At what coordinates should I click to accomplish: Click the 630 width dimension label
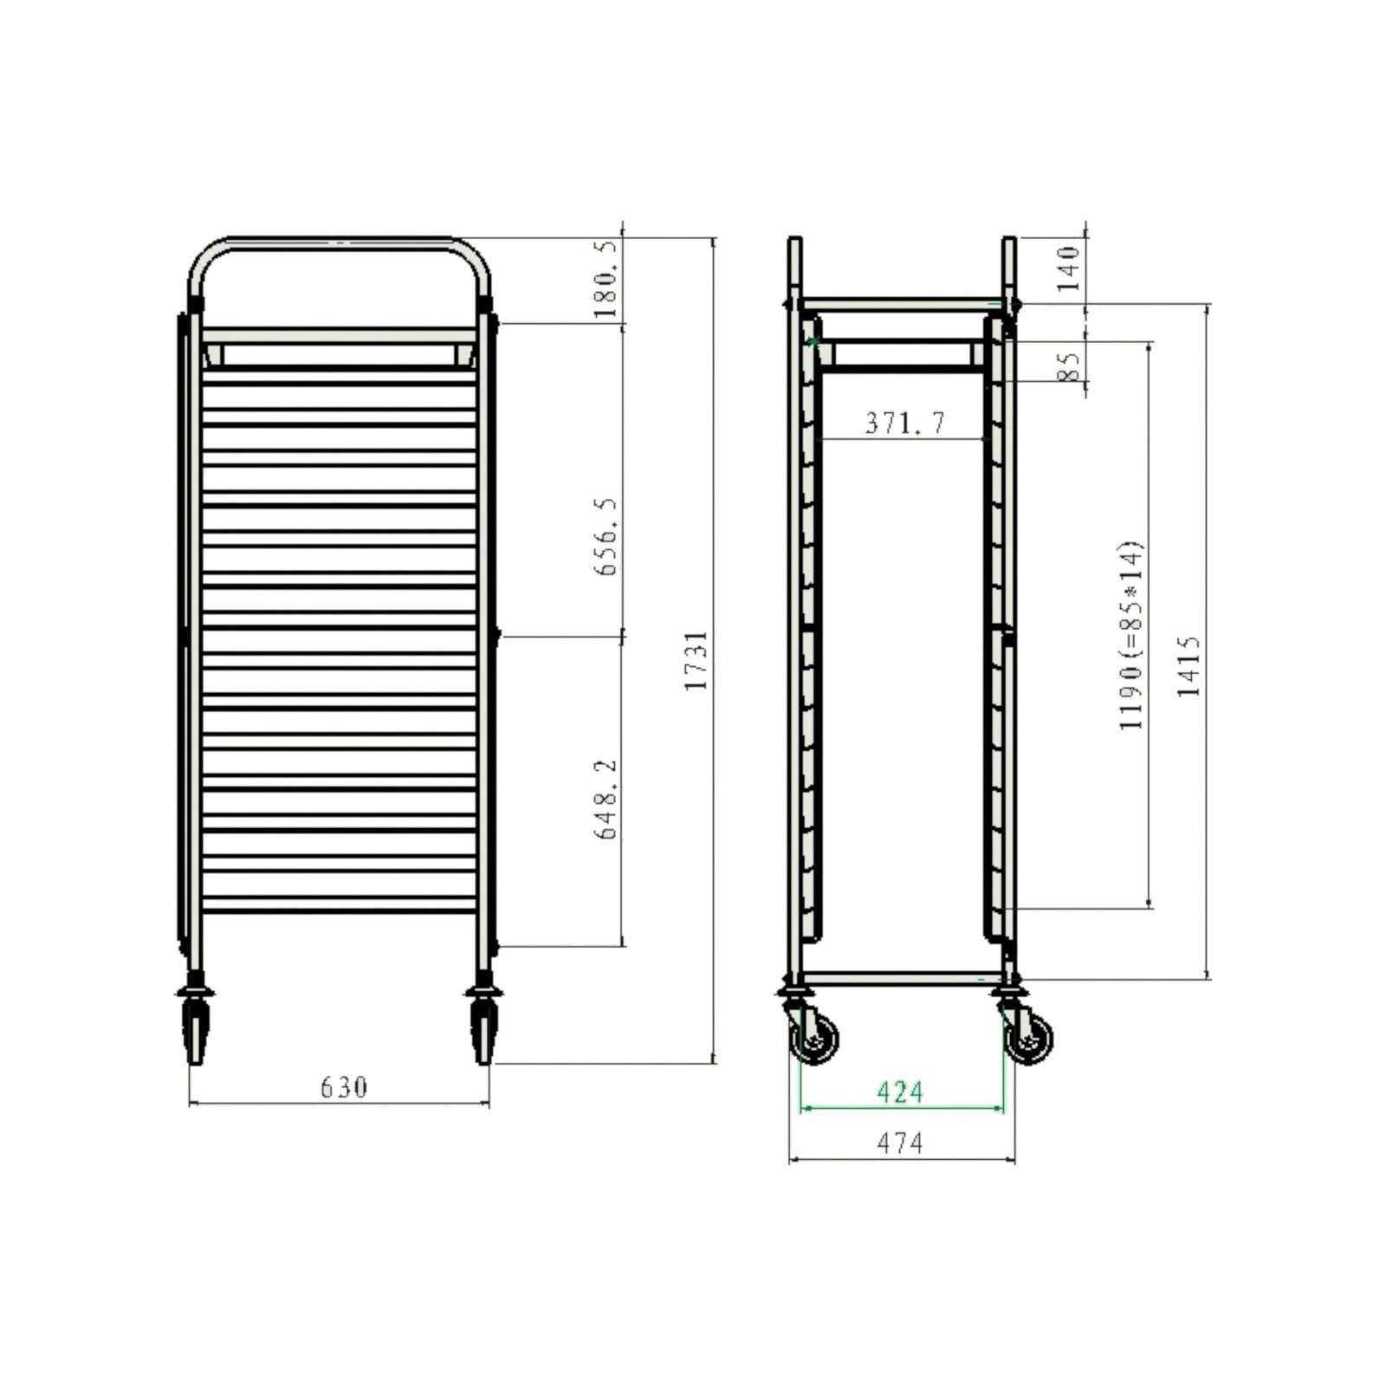344,1086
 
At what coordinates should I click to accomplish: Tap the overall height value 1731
696,660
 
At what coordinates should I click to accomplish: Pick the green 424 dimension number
900,1092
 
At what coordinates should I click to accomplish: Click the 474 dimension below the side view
900,1143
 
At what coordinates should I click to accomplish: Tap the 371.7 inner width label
905,423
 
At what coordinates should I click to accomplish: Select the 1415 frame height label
1189,666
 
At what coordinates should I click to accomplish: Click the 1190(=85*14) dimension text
1131,636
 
